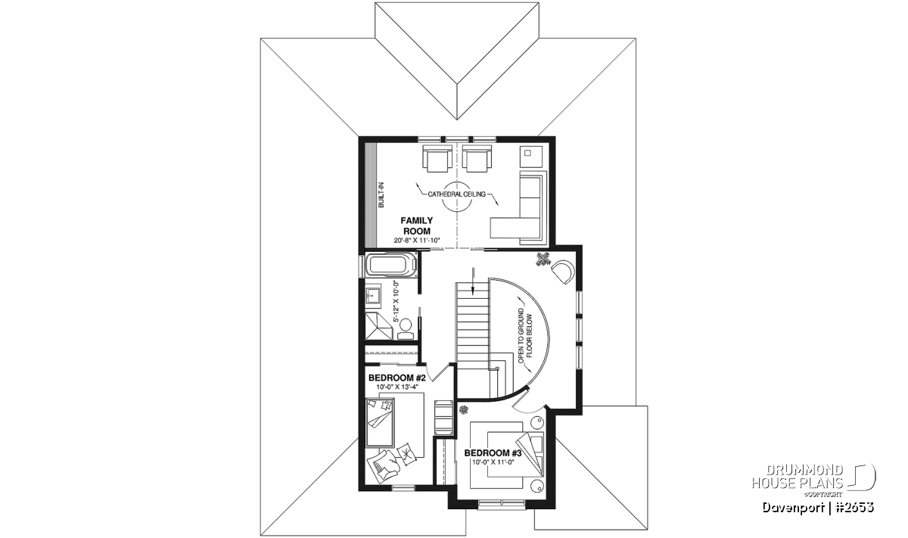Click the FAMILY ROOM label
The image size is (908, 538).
(417, 225)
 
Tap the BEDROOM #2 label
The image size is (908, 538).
(396, 378)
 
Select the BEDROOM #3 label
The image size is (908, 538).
(493, 452)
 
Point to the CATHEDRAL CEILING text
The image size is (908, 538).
(456, 194)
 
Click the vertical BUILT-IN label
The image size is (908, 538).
(381, 195)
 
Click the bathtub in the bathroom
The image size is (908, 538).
(392, 265)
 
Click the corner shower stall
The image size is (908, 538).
(379, 326)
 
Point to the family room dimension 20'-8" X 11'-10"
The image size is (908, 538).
(417, 241)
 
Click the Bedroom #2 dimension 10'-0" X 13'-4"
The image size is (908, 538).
(396, 387)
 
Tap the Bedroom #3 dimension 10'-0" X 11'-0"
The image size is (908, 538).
(493, 462)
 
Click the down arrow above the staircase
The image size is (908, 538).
(473, 280)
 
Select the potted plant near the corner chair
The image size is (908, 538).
(543, 259)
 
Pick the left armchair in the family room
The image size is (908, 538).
(437, 158)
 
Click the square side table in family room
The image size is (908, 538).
(531, 156)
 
